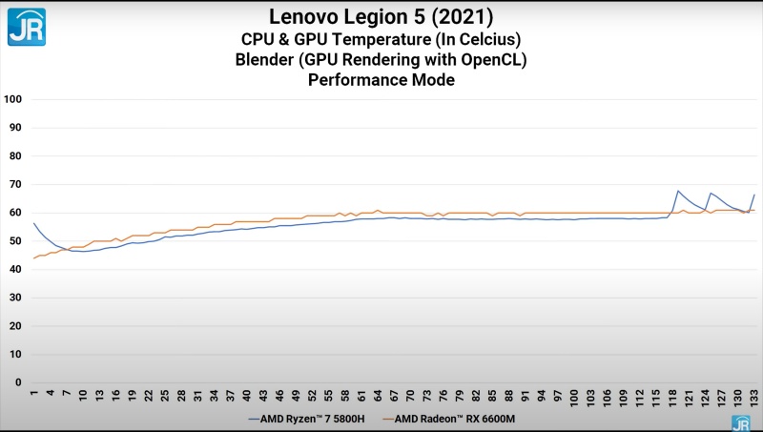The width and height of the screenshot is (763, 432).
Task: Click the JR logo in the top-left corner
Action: (26, 27)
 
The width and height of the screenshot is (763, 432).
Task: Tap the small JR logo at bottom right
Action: (740, 422)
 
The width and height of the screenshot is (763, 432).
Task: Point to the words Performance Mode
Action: (381, 80)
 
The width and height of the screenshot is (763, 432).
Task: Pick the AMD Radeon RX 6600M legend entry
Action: (455, 419)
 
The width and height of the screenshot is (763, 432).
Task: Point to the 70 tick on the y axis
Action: (16, 184)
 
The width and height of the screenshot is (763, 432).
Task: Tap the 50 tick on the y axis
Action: (16, 241)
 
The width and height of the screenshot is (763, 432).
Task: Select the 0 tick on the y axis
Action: (19, 382)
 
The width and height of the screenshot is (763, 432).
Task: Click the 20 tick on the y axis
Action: (16, 326)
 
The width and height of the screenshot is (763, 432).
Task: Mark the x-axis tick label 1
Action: (33, 394)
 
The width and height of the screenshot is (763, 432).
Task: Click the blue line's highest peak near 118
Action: (677, 191)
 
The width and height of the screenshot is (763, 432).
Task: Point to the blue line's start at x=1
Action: (33, 222)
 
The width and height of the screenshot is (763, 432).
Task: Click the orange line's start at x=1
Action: (33, 258)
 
